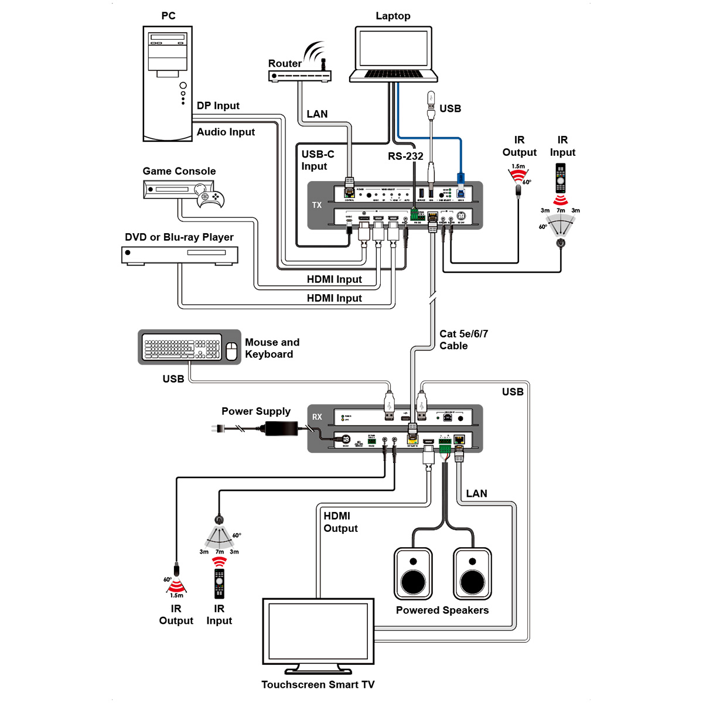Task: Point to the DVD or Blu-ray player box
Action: (x=180, y=255)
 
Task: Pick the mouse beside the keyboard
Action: (x=231, y=350)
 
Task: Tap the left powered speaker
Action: (x=413, y=574)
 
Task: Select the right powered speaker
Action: (x=472, y=574)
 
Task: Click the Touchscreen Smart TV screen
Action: (x=318, y=632)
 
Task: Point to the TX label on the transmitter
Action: (x=317, y=205)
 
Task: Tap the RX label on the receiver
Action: (x=317, y=417)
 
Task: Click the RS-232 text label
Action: (x=405, y=156)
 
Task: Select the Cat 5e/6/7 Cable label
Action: (x=463, y=340)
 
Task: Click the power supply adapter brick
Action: (x=282, y=428)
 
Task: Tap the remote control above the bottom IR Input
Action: (x=219, y=583)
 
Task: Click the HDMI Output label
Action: (x=340, y=522)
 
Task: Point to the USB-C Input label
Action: (x=318, y=160)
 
